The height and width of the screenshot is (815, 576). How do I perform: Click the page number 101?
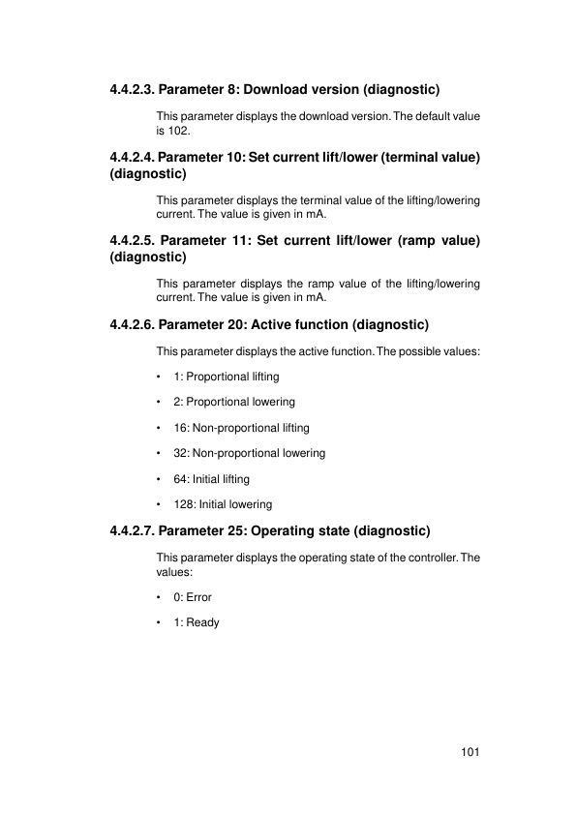(x=471, y=752)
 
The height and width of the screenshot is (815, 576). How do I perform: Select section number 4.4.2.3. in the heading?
(x=132, y=90)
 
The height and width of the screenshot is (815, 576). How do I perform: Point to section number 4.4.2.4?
(x=132, y=156)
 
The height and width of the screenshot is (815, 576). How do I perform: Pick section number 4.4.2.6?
(x=132, y=323)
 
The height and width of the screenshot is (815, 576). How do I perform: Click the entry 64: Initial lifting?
(x=211, y=479)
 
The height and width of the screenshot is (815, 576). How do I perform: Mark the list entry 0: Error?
(x=193, y=597)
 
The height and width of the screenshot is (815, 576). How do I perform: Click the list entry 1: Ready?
(x=197, y=622)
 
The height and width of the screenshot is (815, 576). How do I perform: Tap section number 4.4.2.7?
(x=132, y=530)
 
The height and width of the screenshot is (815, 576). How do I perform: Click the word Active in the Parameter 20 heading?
(x=271, y=323)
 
